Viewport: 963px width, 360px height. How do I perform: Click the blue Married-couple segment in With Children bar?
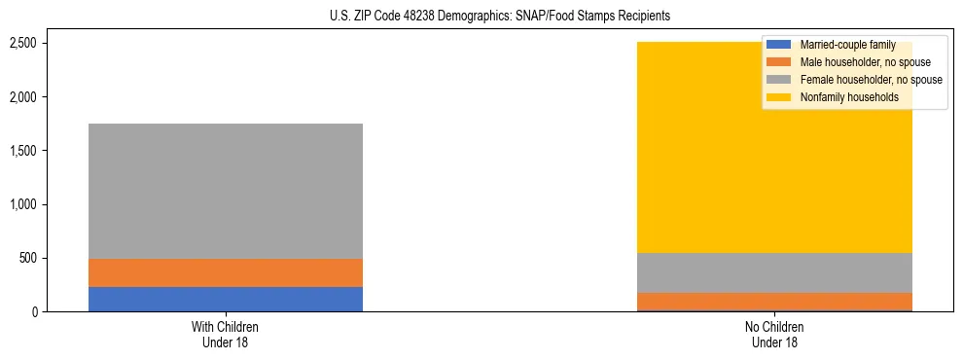tap(226, 299)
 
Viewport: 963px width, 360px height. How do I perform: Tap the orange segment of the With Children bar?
tap(226, 272)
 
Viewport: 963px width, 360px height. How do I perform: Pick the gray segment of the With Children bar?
tap(226, 191)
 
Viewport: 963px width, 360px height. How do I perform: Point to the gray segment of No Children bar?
tap(774, 272)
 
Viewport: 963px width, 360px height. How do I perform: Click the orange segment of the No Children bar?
tap(774, 301)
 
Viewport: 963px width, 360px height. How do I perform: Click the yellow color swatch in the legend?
tap(779, 97)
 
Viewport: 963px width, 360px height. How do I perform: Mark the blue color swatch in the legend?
tap(779, 45)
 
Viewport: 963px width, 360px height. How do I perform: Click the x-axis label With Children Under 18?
tap(226, 334)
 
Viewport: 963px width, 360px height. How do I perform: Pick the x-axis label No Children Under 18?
tap(774, 334)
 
